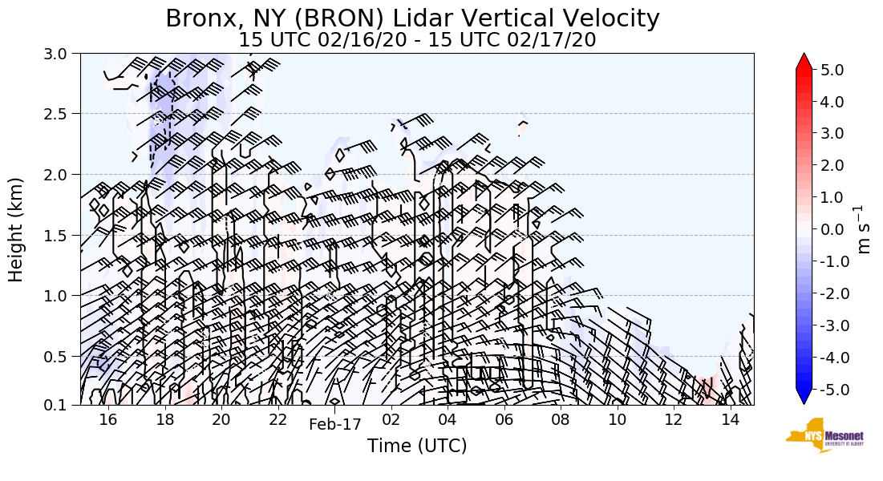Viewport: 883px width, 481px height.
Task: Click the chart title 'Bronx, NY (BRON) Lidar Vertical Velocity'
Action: click(x=412, y=18)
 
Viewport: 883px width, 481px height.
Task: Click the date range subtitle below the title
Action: click(x=417, y=39)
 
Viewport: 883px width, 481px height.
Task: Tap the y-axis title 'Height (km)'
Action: click(x=16, y=229)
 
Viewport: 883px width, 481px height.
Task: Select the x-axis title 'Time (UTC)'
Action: click(x=417, y=446)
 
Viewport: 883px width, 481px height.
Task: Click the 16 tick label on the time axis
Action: click(x=108, y=420)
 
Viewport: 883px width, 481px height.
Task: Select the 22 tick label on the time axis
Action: click(x=277, y=420)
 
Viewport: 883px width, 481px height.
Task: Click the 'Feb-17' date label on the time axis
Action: click(x=335, y=425)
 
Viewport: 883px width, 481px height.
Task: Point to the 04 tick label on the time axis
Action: click(x=448, y=420)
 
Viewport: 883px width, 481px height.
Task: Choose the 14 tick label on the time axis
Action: click(x=730, y=420)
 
